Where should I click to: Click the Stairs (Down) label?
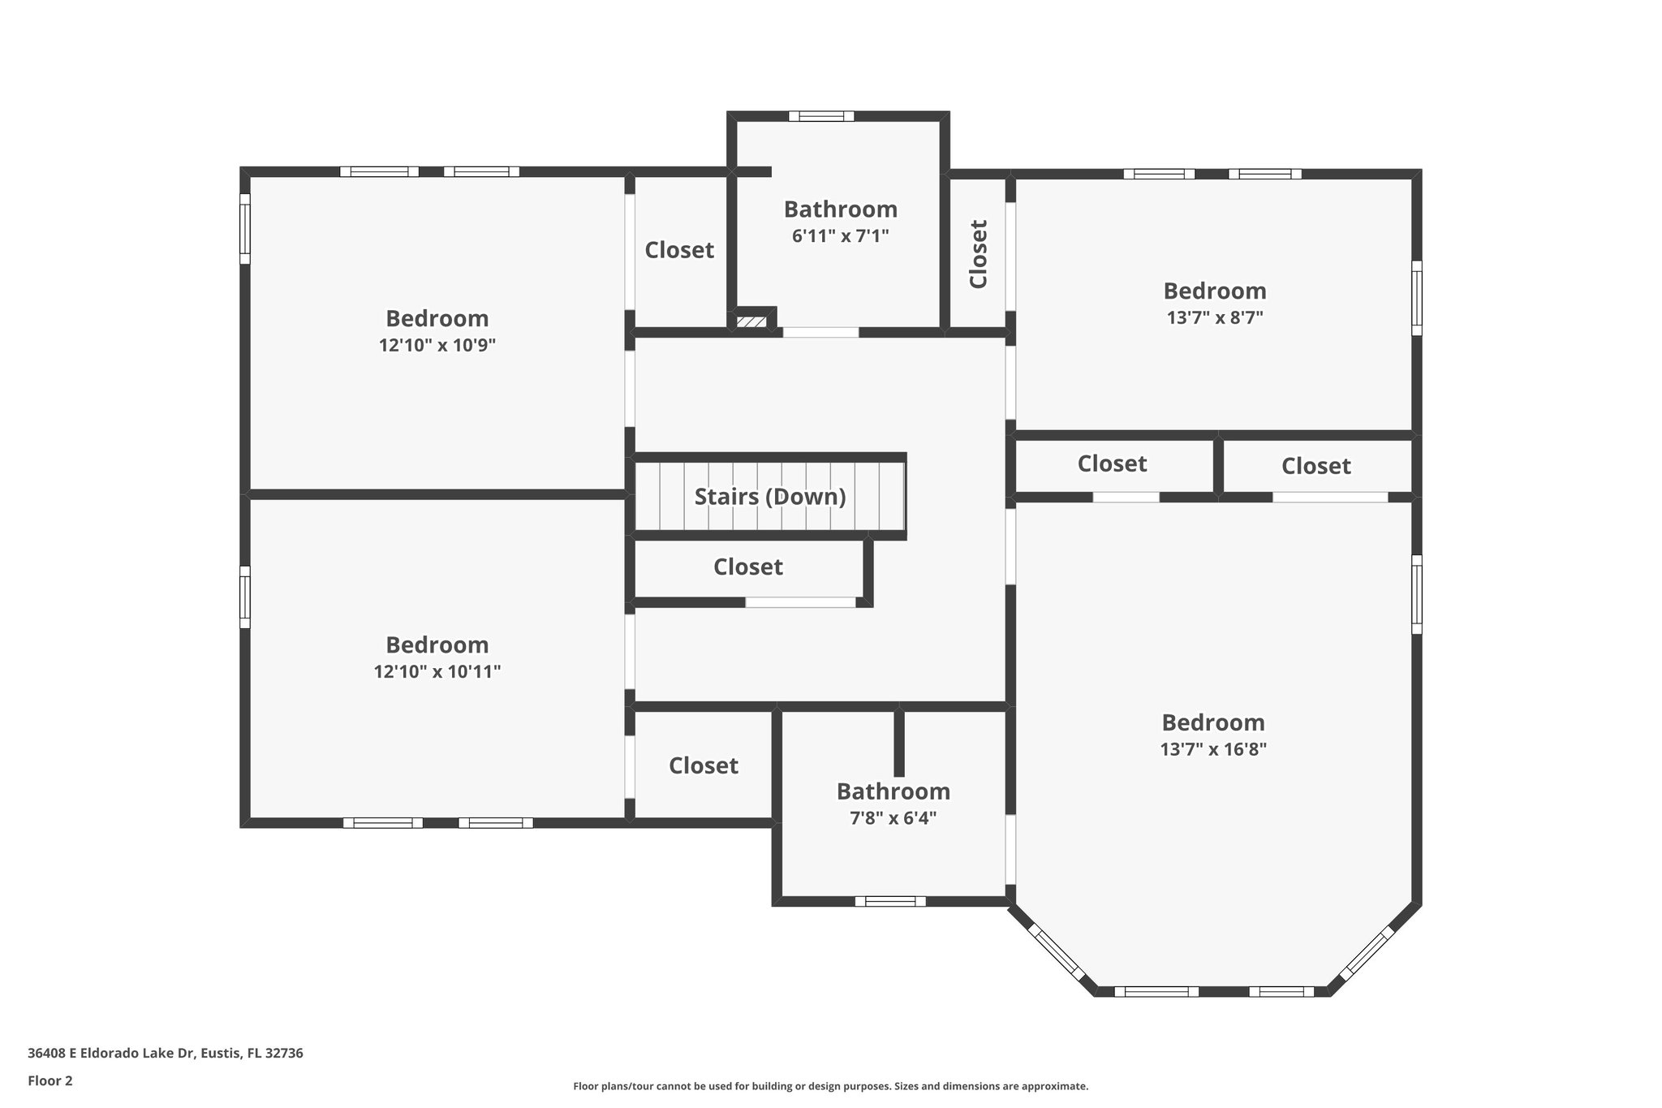769,497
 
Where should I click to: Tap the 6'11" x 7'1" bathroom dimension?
840,236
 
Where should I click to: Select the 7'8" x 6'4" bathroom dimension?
893,818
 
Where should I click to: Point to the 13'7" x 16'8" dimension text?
1213,749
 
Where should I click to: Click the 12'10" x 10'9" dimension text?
437,345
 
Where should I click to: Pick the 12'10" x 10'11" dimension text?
437,672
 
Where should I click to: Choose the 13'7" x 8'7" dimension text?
1214,317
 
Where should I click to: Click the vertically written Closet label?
979,253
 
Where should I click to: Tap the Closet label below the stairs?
747,567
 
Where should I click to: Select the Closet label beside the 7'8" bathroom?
703,765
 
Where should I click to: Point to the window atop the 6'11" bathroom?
821,116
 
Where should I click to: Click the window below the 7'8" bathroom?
890,901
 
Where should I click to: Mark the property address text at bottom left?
166,1054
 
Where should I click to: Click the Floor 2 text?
50,1080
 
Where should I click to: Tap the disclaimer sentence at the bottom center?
830,1086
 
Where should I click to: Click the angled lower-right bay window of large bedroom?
1366,953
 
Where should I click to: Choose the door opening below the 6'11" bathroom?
820,332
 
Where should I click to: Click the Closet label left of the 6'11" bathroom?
678,250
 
